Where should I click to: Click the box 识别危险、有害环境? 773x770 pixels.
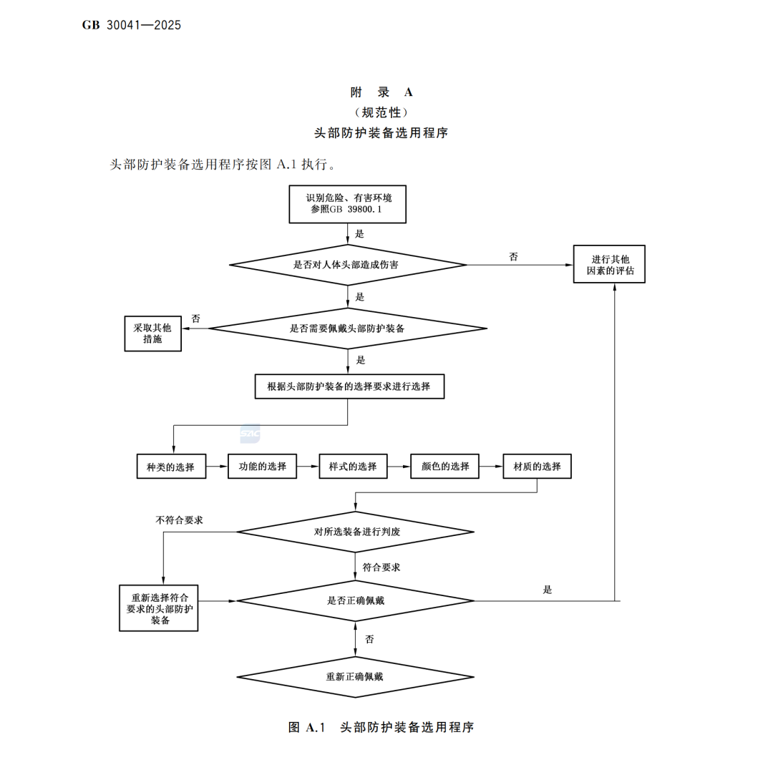(348, 204)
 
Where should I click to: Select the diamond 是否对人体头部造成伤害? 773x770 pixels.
(348, 265)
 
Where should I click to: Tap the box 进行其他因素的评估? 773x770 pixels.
(609, 264)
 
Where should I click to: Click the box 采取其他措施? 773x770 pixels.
(153, 333)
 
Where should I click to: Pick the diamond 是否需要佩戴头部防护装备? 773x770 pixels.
(348, 328)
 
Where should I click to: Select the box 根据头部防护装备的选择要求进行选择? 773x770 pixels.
(349, 386)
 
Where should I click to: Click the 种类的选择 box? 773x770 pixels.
(171, 467)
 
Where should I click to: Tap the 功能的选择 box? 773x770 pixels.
(262, 467)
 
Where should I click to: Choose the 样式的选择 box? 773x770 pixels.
(353, 467)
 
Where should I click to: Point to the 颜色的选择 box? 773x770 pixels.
(444, 467)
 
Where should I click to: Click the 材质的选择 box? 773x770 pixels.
(538, 467)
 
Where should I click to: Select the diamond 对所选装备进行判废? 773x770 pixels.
(356, 532)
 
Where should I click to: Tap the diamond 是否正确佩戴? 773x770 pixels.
(356, 601)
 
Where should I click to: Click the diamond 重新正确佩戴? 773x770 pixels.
(356, 677)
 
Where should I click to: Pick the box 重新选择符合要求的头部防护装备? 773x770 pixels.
(159, 608)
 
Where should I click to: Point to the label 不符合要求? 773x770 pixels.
(180, 520)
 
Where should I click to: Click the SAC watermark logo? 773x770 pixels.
(250, 434)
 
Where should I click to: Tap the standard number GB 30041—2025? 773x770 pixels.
(132, 25)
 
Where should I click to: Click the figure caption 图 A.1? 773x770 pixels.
(306, 727)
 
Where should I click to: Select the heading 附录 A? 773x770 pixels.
(381, 92)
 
